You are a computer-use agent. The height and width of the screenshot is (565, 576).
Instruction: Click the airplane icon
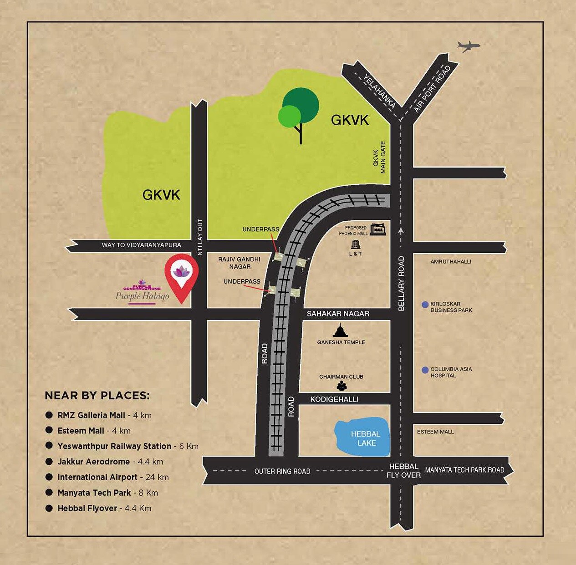pos(469,46)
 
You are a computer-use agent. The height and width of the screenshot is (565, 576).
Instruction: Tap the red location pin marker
pos(181,275)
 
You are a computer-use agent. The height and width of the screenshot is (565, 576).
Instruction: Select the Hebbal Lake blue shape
pos(363,437)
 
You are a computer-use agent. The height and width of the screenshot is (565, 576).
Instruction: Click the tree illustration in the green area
pos(298,112)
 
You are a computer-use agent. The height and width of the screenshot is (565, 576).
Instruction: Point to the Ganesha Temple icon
pos(340,331)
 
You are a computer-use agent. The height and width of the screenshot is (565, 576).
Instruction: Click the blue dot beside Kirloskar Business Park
pos(425,305)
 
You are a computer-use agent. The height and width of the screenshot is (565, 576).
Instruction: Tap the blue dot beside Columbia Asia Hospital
pos(425,370)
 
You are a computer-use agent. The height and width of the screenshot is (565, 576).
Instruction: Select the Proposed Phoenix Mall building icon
pos(377,229)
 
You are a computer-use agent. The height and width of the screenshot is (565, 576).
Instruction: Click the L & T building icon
pos(356,245)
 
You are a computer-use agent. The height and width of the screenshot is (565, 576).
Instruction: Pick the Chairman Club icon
pos(342,386)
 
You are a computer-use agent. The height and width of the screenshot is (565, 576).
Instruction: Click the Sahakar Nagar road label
pos(338,314)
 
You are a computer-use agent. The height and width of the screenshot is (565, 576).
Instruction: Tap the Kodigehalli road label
pos(334,399)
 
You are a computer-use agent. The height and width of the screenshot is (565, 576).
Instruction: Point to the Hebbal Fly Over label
pos(403,471)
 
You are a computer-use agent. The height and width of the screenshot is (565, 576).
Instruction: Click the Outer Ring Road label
pos(282,471)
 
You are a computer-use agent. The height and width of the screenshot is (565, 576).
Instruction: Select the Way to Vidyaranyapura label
pos(141,245)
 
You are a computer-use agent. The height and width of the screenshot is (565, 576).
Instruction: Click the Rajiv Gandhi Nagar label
pos(239,263)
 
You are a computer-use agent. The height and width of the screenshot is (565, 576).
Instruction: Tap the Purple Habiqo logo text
pos(142,296)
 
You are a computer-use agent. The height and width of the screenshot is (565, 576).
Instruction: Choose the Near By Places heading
pos(97,396)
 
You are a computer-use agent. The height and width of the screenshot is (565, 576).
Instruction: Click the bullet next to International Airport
pos(49,477)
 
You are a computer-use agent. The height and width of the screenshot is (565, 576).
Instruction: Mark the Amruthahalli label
pos(451,262)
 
